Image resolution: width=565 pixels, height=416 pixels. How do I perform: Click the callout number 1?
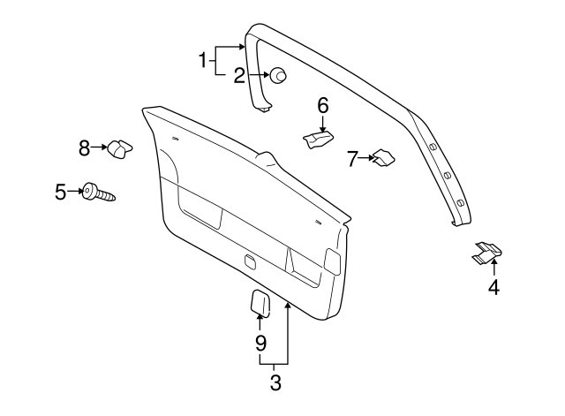[202, 61]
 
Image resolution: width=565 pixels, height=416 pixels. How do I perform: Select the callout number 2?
[239, 76]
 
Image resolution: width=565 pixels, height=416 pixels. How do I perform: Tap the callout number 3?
[275, 383]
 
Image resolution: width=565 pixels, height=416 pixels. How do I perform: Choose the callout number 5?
[61, 191]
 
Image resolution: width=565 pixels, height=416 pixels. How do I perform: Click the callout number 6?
[323, 106]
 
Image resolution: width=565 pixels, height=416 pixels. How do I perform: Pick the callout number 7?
[352, 159]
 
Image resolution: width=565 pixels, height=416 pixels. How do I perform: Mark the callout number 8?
[85, 148]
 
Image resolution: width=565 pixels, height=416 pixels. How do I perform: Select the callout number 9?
[260, 341]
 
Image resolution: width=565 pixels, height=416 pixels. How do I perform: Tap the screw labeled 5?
[98, 193]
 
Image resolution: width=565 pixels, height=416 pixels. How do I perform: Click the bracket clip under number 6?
[319, 140]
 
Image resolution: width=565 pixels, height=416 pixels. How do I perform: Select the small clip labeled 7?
[382, 158]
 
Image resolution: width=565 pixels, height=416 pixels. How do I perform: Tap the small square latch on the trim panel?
[250, 261]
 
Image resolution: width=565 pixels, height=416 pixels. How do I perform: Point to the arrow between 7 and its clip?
[365, 159]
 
